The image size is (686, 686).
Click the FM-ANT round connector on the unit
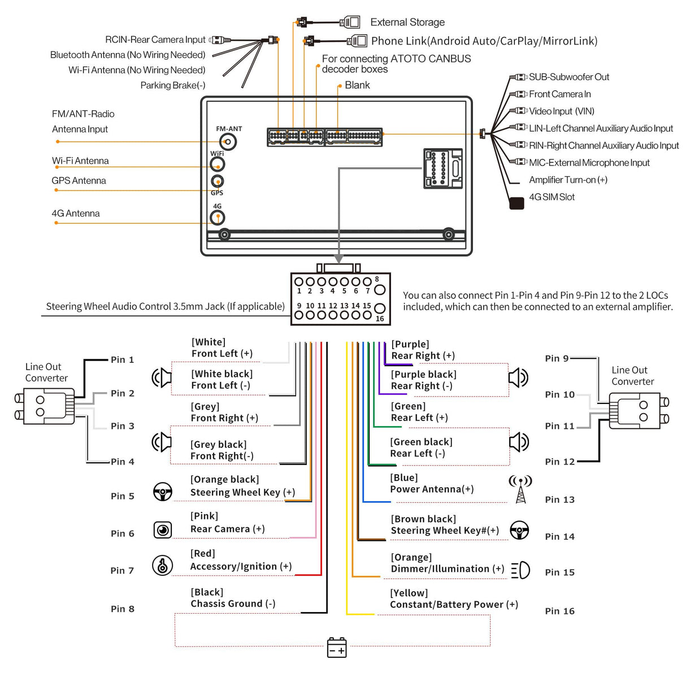coord(228,141)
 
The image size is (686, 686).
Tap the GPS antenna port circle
coord(217,181)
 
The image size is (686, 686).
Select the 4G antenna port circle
coord(218,218)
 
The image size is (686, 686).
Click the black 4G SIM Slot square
coord(516,203)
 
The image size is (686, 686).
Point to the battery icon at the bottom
coord(337,648)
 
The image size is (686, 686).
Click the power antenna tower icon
coord(520,489)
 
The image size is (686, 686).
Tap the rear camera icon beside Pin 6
coord(163,530)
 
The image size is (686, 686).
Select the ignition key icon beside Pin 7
coord(163,565)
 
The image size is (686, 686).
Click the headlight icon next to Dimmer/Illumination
coord(520,570)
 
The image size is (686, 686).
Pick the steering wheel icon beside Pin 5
coord(163,492)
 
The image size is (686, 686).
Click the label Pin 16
coord(559,611)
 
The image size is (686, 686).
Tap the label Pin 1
coord(122,359)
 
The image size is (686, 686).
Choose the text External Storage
coord(407,23)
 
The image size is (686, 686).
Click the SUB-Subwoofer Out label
coord(568,77)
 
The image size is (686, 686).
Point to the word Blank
coord(357,85)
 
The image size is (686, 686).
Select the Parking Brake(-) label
coord(172,85)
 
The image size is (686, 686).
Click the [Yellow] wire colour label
coord(409,593)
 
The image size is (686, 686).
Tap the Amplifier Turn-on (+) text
coord(568,180)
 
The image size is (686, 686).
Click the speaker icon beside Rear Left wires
coord(519,442)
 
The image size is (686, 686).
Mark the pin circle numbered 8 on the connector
coord(380,290)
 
